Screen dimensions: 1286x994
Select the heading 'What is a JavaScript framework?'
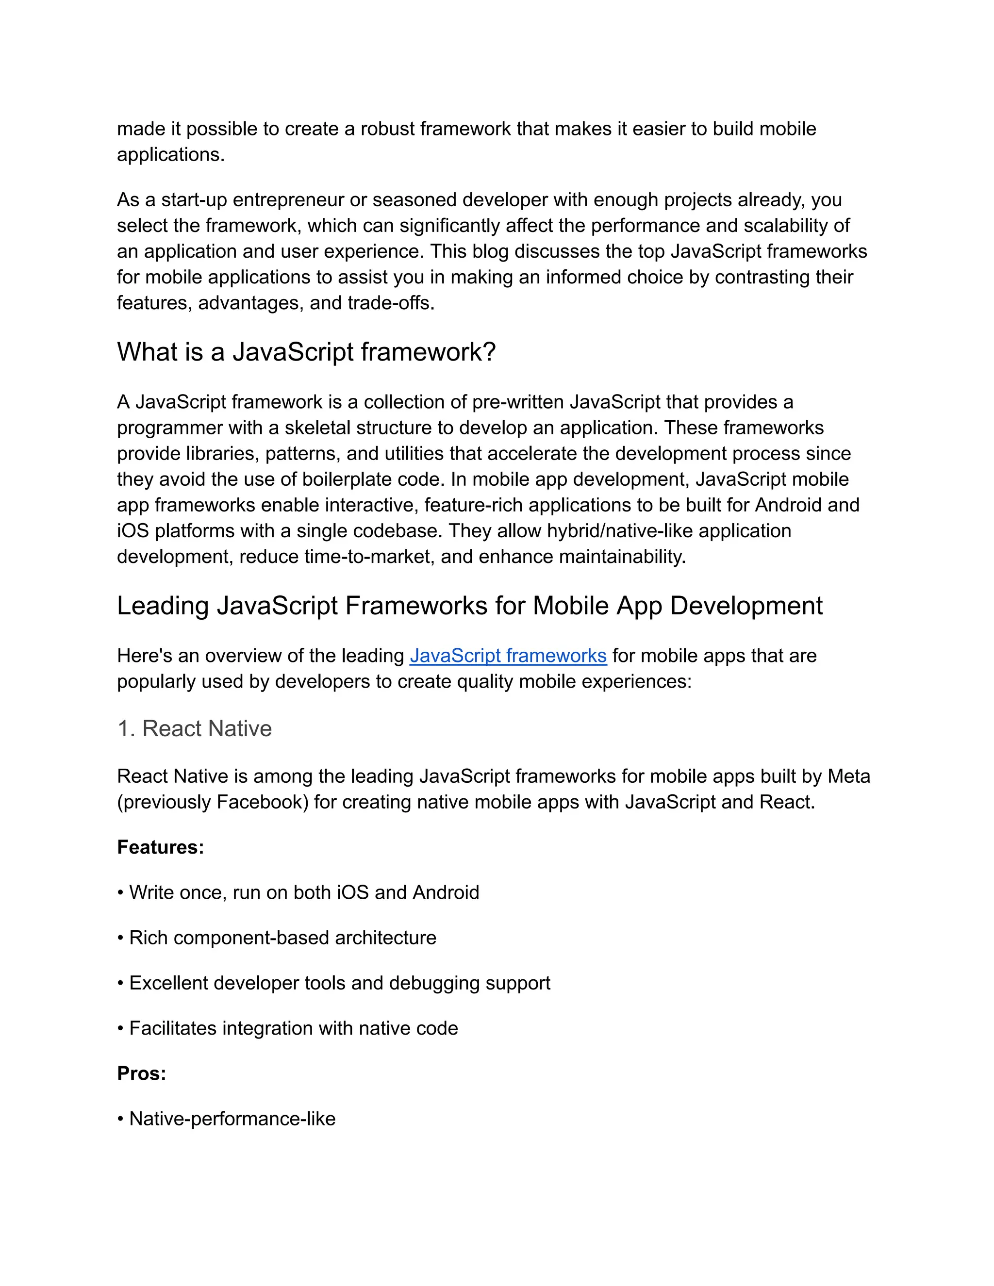click(306, 352)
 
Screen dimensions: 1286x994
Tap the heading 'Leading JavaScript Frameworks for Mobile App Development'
click(469, 606)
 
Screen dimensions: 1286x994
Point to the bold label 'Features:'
click(160, 847)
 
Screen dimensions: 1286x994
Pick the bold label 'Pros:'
click(141, 1073)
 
